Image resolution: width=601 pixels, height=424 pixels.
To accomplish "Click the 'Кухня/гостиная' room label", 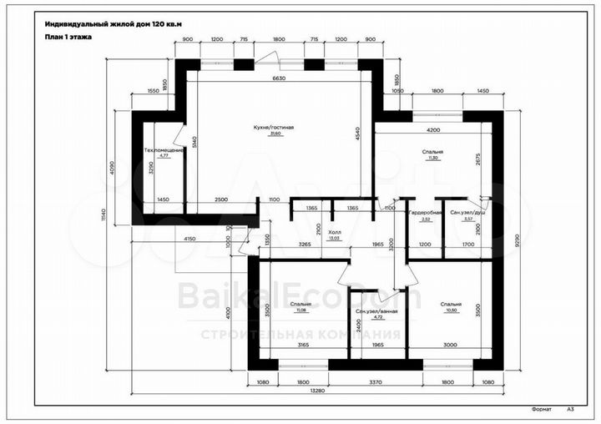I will pos(275,128).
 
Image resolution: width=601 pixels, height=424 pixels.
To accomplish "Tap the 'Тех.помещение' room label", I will pos(163,150).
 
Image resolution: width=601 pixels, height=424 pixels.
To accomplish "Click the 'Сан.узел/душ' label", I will pos(467,214).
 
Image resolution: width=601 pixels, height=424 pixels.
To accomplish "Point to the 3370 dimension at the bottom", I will pos(376,381).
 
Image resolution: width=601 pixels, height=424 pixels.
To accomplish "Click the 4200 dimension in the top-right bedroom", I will pos(432,130).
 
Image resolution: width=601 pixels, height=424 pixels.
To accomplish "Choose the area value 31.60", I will pos(275,134).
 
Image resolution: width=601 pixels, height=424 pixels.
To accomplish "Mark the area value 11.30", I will pos(432,158).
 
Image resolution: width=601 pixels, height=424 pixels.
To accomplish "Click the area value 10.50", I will pos(452,310).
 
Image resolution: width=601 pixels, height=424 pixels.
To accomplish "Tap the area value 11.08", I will pos(300,310).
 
